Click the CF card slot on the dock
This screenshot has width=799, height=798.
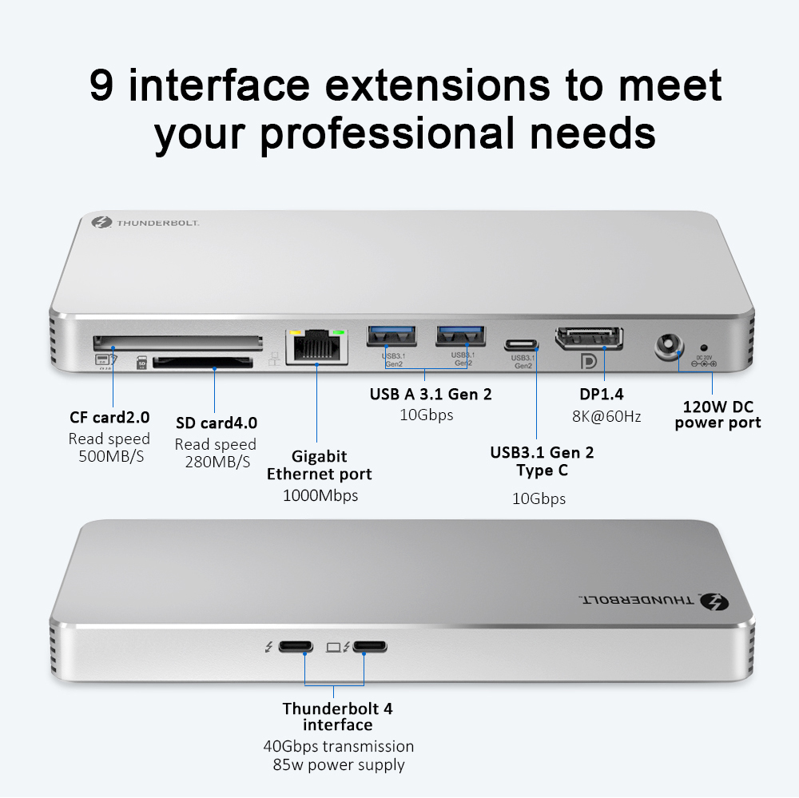pos(177,343)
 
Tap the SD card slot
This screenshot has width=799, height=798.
pos(202,363)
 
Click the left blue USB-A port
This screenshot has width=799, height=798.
pos(392,336)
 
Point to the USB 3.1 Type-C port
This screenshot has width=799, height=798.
pos(523,346)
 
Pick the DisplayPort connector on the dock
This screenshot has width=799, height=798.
pos(590,337)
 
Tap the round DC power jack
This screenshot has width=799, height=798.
pos(668,346)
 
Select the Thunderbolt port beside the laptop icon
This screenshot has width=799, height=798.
pos(368,645)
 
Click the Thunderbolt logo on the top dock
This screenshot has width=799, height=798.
pos(101,224)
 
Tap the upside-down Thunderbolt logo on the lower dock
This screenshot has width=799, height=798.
pos(712,601)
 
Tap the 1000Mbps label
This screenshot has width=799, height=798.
pos(320,495)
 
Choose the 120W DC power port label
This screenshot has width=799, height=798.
pos(718,415)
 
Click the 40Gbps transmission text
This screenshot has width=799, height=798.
pos(338,746)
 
